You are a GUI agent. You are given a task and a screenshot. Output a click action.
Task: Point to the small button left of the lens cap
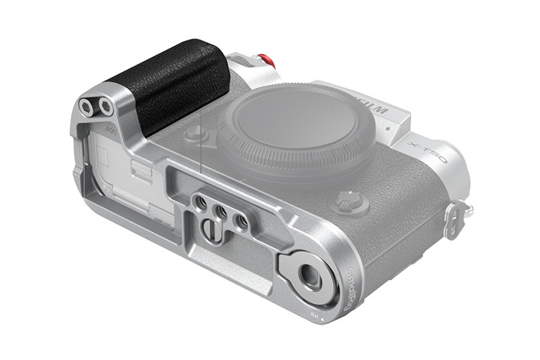coord(194,134)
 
